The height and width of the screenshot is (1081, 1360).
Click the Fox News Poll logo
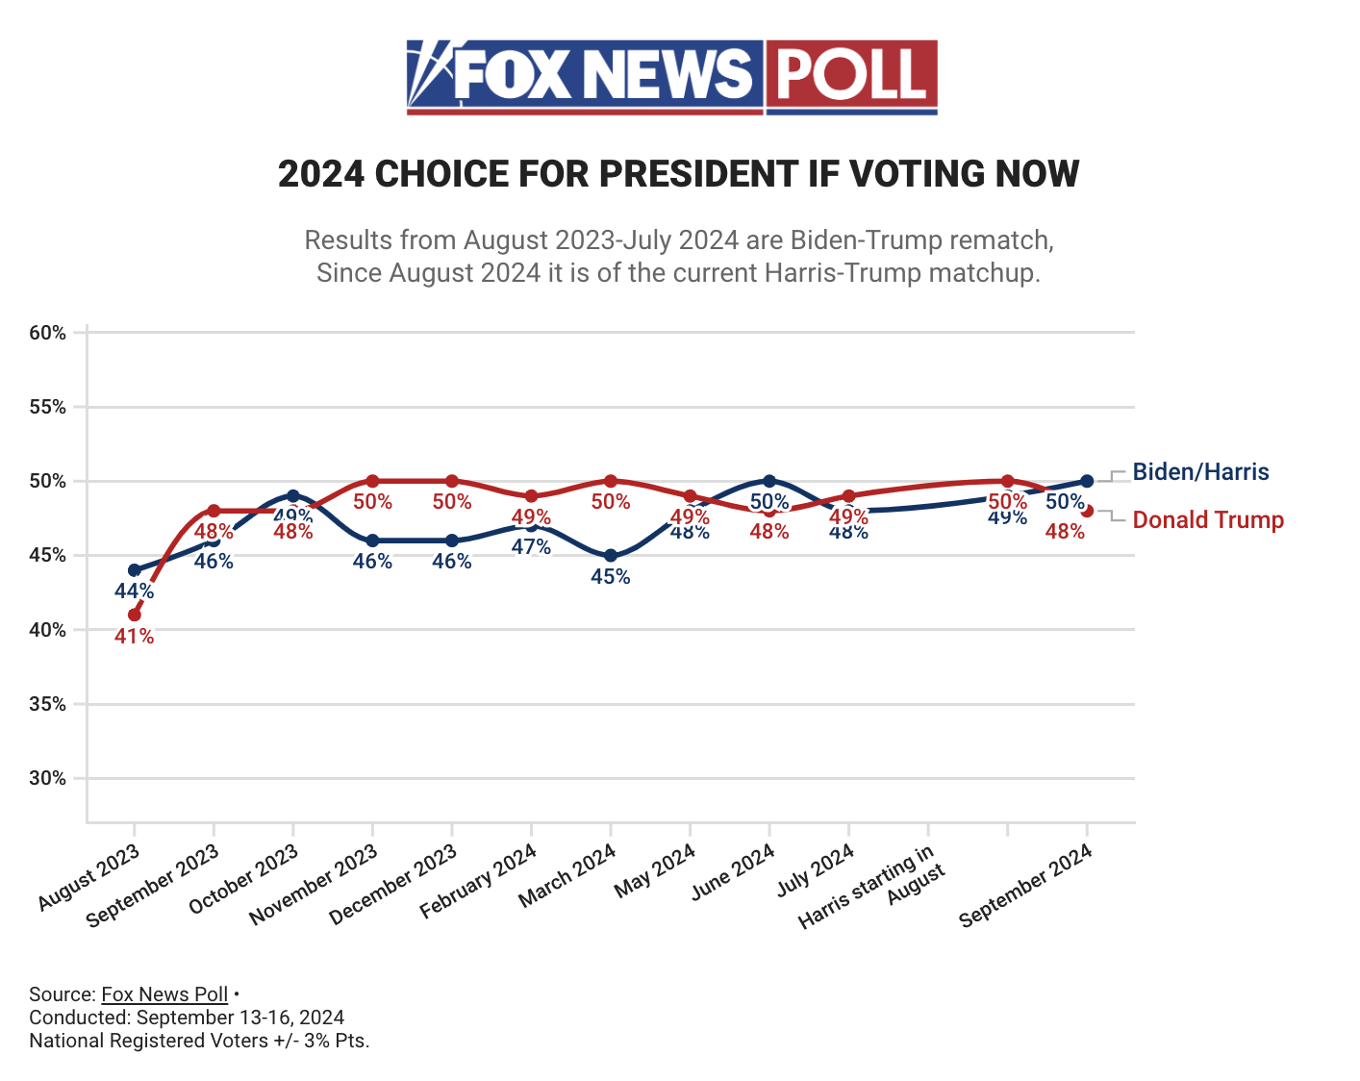pos(671,77)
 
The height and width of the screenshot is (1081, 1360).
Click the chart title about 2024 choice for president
pos(678,174)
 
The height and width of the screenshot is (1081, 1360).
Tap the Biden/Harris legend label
pos(1200,472)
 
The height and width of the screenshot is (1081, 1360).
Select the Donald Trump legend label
pos(1208,520)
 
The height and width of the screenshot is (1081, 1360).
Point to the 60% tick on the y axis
pos(48,333)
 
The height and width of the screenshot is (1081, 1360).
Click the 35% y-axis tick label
pos(48,704)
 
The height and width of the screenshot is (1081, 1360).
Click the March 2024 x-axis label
pos(567,876)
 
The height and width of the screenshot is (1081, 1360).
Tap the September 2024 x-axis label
pos(1027,885)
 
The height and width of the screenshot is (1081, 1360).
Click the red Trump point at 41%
pos(135,615)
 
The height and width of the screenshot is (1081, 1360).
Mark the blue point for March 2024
pos(611,555)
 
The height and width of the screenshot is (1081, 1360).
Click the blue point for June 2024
pos(769,481)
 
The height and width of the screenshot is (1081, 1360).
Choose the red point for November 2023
pos(373,481)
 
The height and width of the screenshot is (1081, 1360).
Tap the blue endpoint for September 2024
pos(1087,481)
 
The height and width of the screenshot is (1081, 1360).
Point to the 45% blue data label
pos(611,577)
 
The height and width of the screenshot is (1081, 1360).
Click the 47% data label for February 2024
pos(532,547)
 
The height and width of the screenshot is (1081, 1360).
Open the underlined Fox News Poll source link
pos(164,994)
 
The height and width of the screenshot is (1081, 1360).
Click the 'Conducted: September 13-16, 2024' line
pos(187,1018)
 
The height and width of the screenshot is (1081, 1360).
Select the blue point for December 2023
pos(452,540)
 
